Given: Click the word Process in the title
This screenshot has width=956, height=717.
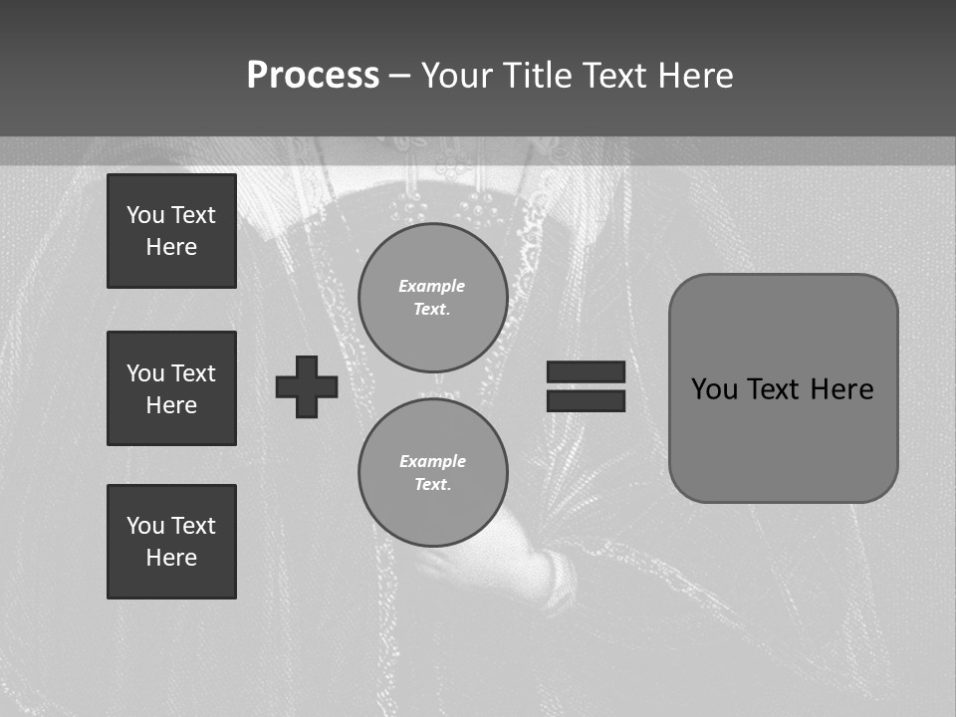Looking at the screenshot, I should coord(313,75).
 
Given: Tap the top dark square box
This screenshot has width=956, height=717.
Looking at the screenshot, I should coord(171,231).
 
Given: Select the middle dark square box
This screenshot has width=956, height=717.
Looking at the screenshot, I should coord(171,388).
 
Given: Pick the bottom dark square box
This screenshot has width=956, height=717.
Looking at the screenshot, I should coord(171,542).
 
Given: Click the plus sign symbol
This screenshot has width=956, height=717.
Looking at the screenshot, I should coord(307,386).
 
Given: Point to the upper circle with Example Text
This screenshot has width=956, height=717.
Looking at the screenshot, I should coord(432,297).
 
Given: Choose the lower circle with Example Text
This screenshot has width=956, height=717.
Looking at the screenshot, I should coord(432,472).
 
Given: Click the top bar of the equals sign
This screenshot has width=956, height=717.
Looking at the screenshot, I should coord(586,371).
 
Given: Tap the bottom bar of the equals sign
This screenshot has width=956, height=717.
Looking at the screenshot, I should coord(586,400).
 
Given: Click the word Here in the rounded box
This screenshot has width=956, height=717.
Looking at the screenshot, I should coord(841,388).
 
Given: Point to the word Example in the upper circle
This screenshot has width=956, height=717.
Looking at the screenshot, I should coord(431,286).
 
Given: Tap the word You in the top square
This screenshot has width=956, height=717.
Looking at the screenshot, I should coord(145,215).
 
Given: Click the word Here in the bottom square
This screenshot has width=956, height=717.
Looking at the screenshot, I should coord(171,558).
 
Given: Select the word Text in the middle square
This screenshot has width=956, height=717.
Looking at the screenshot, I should coord(193,373).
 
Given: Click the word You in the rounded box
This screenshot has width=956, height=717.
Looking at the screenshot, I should coord(714,388).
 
